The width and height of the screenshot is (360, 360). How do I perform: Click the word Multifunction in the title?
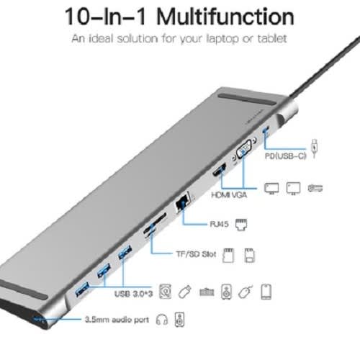coord(225,17)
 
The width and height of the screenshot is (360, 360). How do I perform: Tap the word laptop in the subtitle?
coord(222,39)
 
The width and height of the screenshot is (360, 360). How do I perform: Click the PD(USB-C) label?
coord(285,156)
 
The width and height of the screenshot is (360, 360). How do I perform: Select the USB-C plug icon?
coord(315,148)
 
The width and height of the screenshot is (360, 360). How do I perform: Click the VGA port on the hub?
coord(244,149)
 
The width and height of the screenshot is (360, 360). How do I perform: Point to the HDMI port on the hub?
coord(220,170)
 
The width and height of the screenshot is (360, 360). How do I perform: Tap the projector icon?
coord(315,188)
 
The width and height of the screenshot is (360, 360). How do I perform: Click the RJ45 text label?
coord(219,224)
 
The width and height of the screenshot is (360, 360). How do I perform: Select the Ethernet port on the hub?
coord(182,202)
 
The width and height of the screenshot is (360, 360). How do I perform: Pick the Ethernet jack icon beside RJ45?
coord(241,225)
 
